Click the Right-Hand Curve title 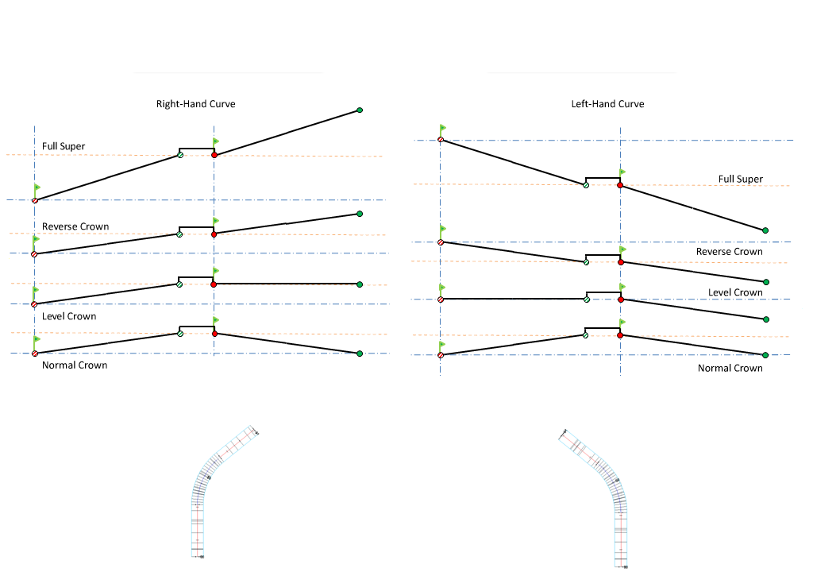195,104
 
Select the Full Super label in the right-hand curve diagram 64,146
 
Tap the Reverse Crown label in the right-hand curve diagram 75,226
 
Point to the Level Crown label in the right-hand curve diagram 69,316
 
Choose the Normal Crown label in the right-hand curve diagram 75,365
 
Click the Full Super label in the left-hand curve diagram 740,180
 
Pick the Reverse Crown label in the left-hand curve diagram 729,252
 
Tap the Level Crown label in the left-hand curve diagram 735,292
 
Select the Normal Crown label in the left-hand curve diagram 730,369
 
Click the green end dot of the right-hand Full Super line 360,110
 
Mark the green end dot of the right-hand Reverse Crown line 360,214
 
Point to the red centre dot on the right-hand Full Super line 214,155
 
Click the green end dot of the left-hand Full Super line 765,230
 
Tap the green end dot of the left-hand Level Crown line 766,319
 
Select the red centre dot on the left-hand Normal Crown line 620,335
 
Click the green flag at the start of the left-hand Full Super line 443,128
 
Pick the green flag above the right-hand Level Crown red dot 216,271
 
